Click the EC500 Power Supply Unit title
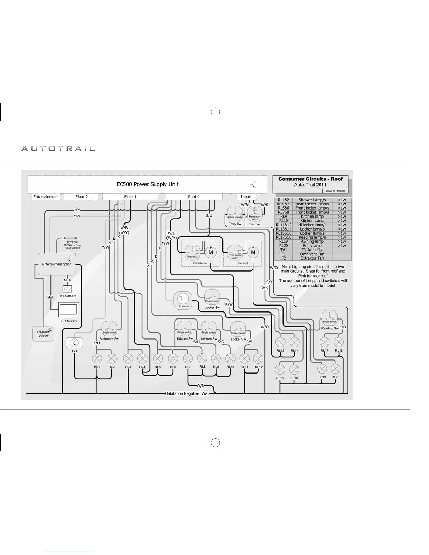(x=148, y=184)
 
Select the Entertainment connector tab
(x=46, y=197)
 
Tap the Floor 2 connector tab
(x=82, y=197)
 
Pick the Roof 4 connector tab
(x=193, y=197)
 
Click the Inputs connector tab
(x=246, y=197)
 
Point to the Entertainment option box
(x=57, y=264)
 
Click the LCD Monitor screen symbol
(x=68, y=310)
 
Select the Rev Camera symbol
(x=67, y=289)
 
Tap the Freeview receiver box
(x=43, y=334)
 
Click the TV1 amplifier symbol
(x=74, y=342)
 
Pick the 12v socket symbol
(x=183, y=300)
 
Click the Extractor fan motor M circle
(x=211, y=252)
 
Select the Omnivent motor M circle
(x=253, y=252)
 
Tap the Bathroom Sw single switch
(x=109, y=329)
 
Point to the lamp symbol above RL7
(x=188, y=358)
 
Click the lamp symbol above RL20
(x=335, y=369)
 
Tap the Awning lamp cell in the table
(x=312, y=241)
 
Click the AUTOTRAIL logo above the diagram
(x=58, y=149)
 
